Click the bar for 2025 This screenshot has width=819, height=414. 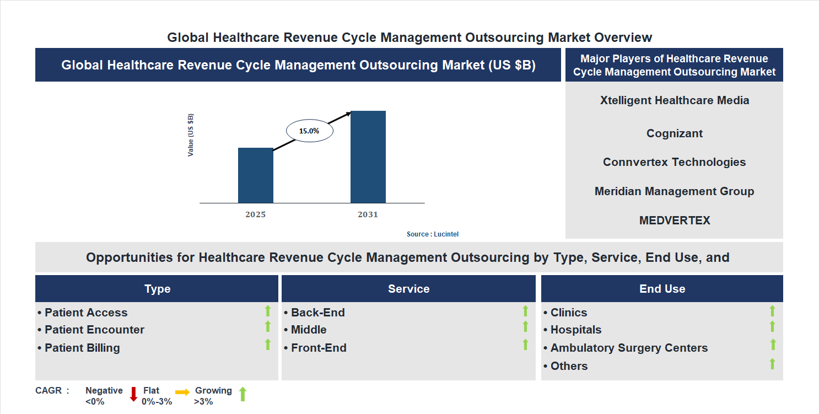(255, 175)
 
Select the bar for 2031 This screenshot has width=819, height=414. (368, 157)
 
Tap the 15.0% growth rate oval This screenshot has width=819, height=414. (309, 131)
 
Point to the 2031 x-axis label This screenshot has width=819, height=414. (368, 214)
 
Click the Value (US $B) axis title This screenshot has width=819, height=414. (191, 135)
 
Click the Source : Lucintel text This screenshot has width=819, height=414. (432, 234)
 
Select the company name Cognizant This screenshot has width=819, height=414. (674, 133)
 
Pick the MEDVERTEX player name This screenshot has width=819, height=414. (674, 221)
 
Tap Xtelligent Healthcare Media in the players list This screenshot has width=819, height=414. (674, 100)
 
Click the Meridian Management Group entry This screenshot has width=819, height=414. (674, 191)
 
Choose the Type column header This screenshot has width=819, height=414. (157, 289)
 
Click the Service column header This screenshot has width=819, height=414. (408, 289)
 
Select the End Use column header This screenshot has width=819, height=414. (662, 289)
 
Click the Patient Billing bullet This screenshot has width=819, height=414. (82, 348)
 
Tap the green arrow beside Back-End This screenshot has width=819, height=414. (525, 311)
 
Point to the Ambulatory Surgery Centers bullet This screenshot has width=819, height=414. (628, 348)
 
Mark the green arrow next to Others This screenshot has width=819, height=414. (773, 363)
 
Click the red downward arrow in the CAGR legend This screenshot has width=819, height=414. (133, 394)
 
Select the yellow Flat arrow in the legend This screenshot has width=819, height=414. (182, 391)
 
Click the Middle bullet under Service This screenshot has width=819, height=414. (308, 330)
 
